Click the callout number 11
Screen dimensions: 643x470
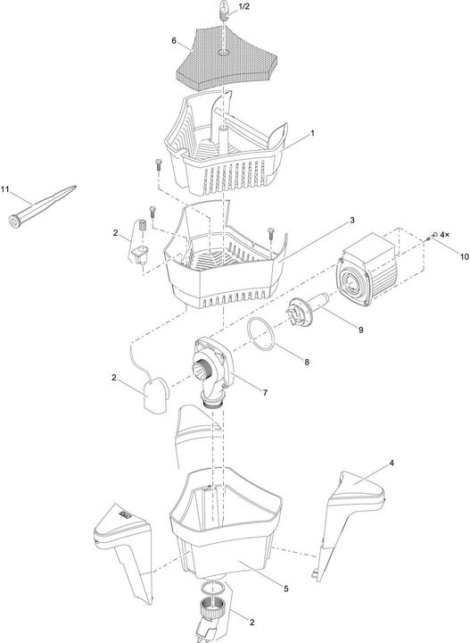point(5,190)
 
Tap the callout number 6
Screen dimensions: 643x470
point(174,41)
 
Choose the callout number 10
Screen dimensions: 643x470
point(439,256)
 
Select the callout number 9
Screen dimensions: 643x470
point(360,330)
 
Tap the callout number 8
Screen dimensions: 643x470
point(306,362)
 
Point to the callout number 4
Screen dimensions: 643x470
point(392,464)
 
